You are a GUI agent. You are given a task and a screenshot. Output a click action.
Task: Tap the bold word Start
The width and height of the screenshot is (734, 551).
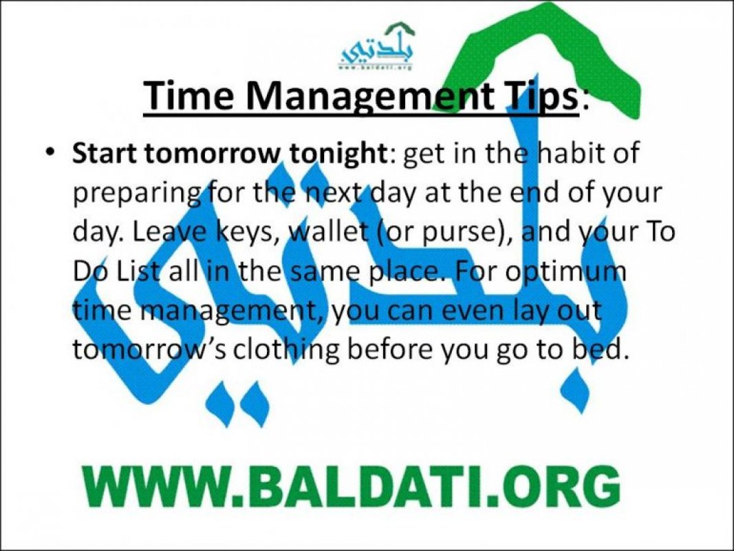click(104, 154)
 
